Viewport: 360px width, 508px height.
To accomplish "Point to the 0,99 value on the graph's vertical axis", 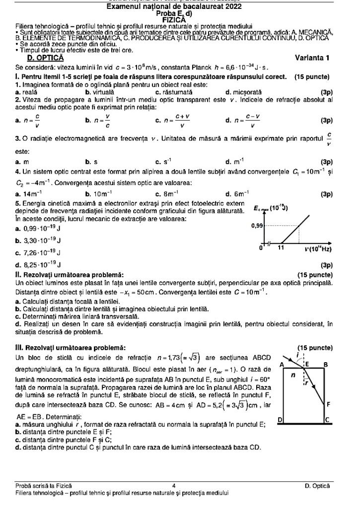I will pyautogui.click(x=256, y=225).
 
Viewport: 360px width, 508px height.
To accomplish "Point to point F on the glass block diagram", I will pyautogui.click(x=328, y=405).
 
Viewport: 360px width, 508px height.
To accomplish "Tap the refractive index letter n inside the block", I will pyautogui.click(x=293, y=376).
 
